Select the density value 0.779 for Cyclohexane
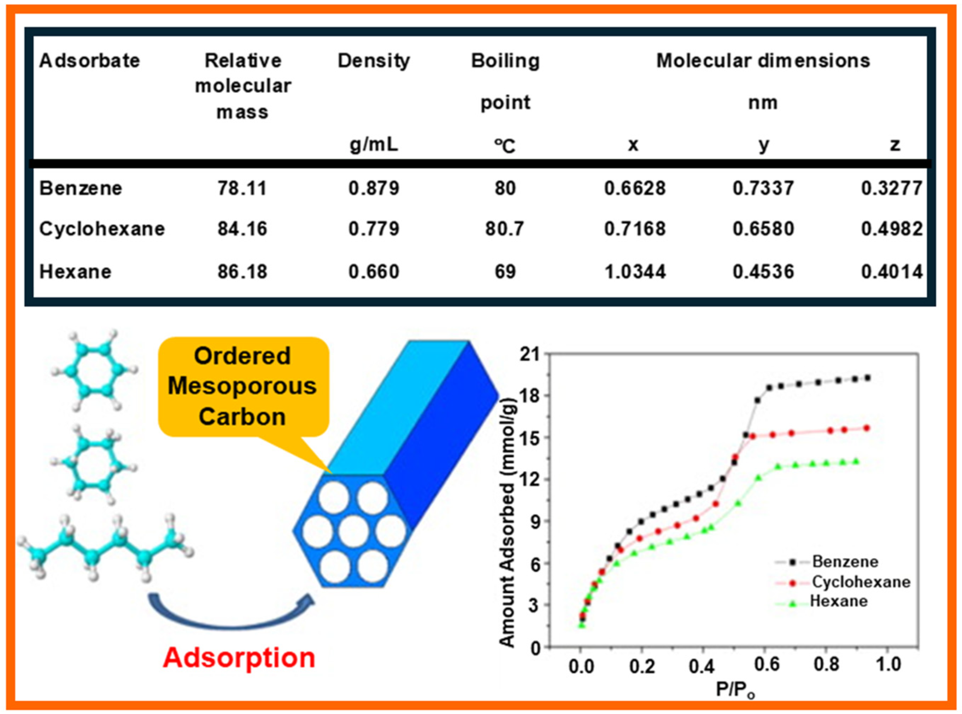(x=374, y=229)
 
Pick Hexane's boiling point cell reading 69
(x=505, y=272)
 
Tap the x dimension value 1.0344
(x=635, y=272)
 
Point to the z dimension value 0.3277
(x=892, y=188)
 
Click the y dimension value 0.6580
(x=763, y=229)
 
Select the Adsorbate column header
(x=89, y=60)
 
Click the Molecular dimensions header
(x=763, y=60)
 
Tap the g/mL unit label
(x=374, y=145)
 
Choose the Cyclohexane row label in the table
(x=102, y=229)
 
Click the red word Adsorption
(x=239, y=658)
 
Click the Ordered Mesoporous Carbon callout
(x=243, y=386)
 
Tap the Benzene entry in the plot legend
(x=845, y=562)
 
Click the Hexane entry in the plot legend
(x=838, y=601)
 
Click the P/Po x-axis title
(x=734, y=690)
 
